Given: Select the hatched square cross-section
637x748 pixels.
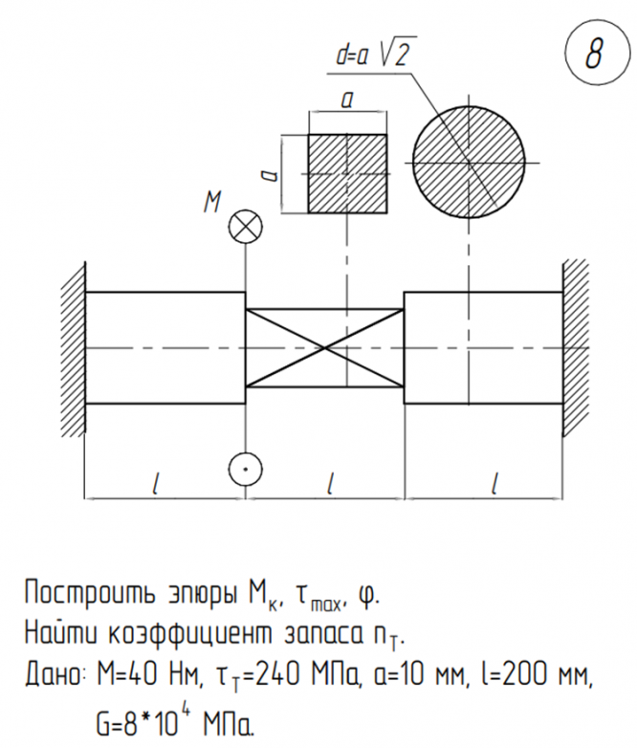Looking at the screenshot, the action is (x=347, y=173).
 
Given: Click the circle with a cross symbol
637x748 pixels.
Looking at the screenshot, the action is (x=246, y=227).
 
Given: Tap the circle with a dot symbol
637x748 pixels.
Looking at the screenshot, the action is (x=246, y=470).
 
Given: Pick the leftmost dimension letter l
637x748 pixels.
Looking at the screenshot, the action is (x=156, y=484).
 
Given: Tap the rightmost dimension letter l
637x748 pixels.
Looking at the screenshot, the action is (x=494, y=484).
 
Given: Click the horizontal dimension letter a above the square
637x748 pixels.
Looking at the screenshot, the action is (x=346, y=99).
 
